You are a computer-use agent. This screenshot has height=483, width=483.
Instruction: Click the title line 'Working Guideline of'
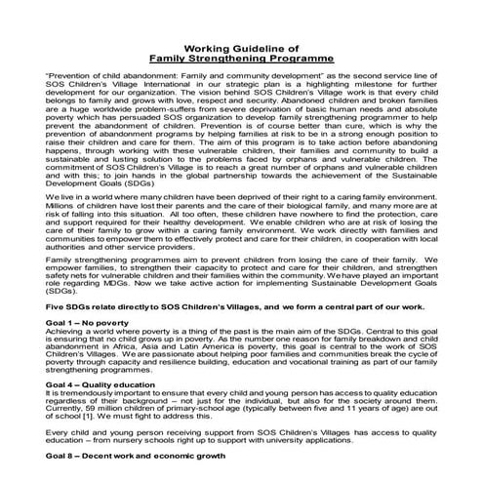click(x=241, y=47)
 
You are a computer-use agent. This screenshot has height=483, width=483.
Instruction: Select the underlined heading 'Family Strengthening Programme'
click(x=241, y=58)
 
